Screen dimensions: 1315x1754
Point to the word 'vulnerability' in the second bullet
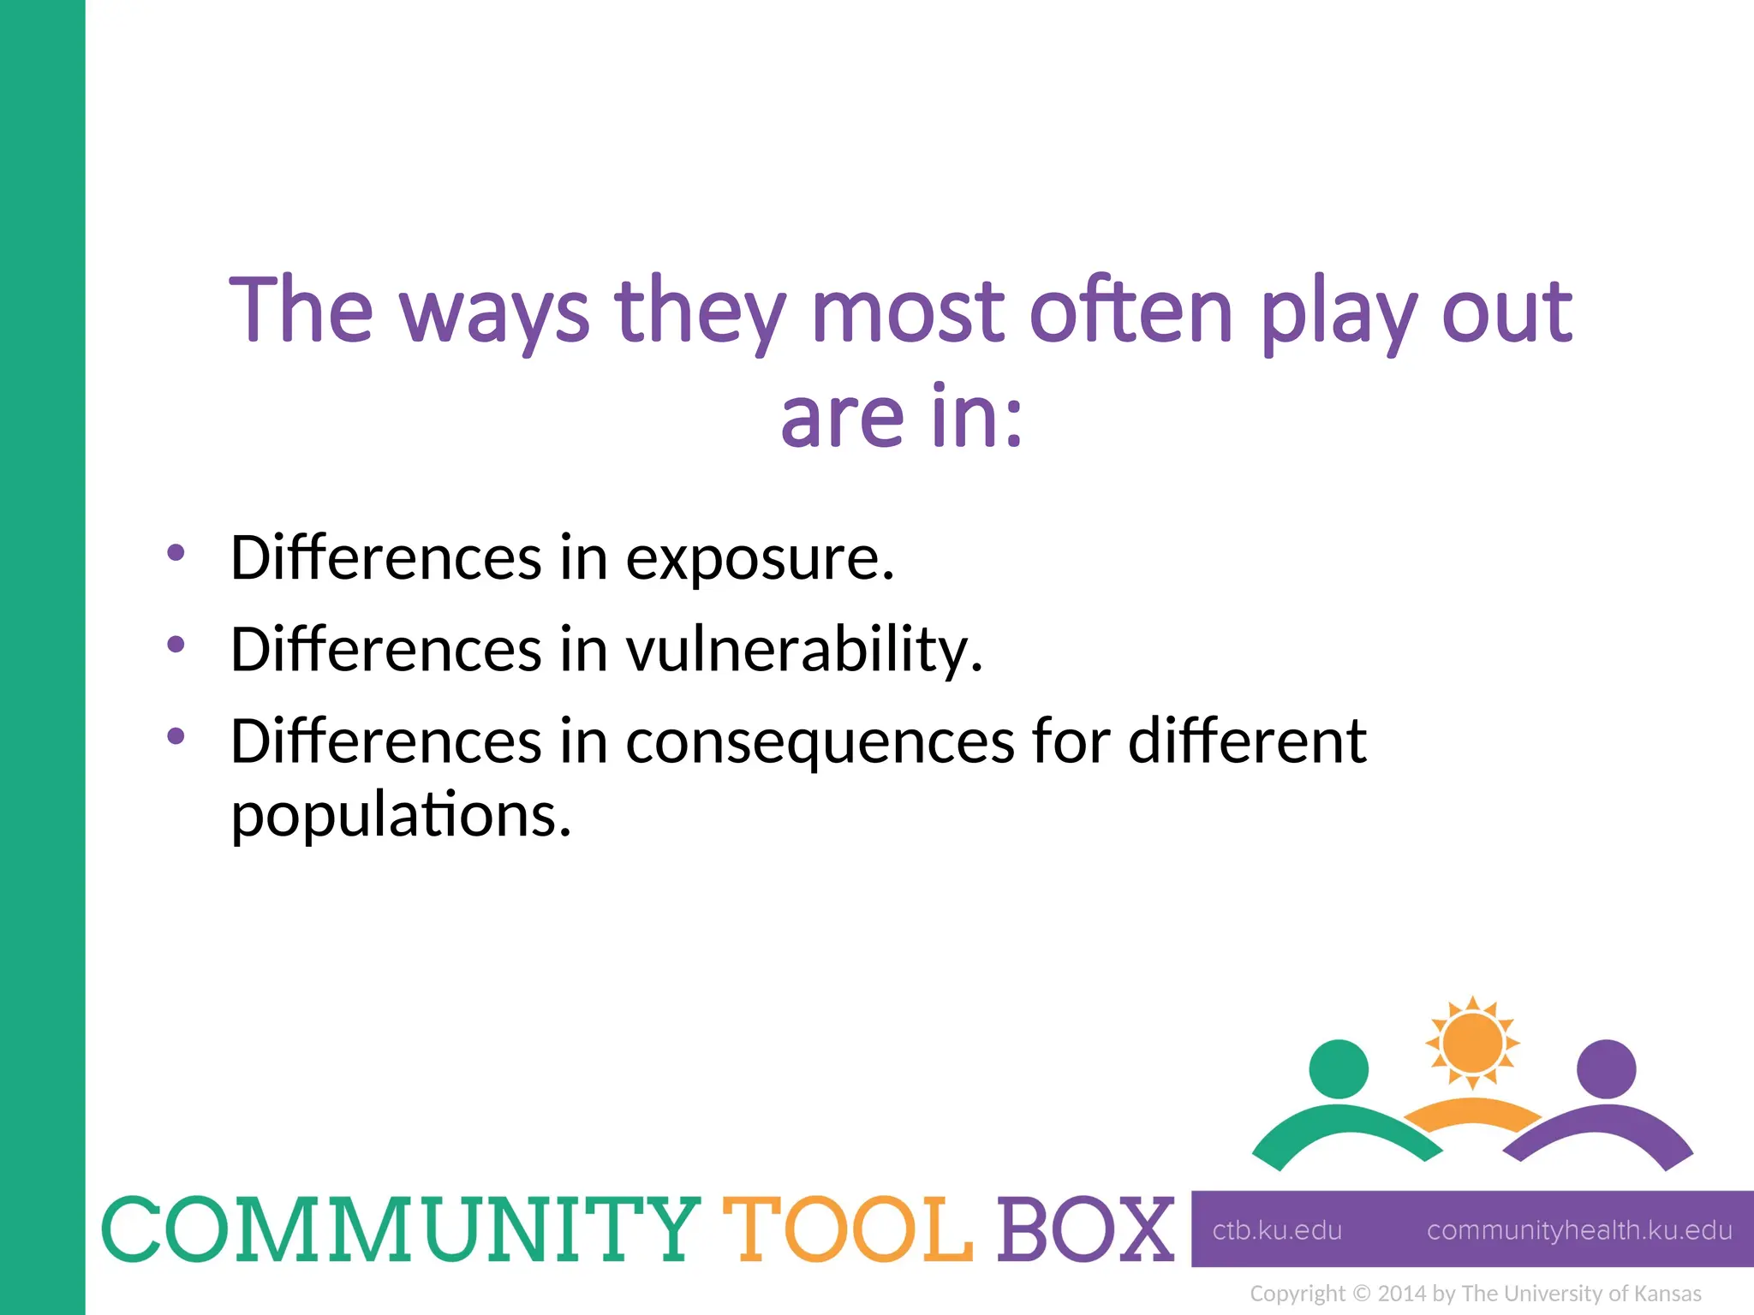pyautogui.click(x=803, y=651)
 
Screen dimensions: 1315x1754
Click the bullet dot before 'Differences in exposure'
pyautogui.click(x=176, y=552)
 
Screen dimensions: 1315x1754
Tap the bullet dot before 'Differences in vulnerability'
pyautogui.click(x=176, y=644)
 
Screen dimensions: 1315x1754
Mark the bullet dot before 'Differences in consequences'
pyautogui.click(x=176, y=735)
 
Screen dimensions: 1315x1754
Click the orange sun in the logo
pyautogui.click(x=1472, y=1043)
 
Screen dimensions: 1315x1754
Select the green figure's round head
pyautogui.click(x=1339, y=1068)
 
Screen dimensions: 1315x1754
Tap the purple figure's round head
pyautogui.click(x=1606, y=1068)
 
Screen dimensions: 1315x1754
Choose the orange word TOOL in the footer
pyautogui.click(x=848, y=1229)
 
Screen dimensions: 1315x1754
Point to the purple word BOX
pyautogui.click(x=1084, y=1229)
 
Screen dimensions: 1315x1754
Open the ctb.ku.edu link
pyautogui.click(x=1277, y=1230)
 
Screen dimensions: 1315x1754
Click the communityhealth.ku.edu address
pyautogui.click(x=1579, y=1230)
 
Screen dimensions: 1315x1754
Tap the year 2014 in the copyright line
pyautogui.click(x=1403, y=1294)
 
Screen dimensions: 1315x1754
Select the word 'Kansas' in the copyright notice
pyautogui.click(x=1667, y=1294)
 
